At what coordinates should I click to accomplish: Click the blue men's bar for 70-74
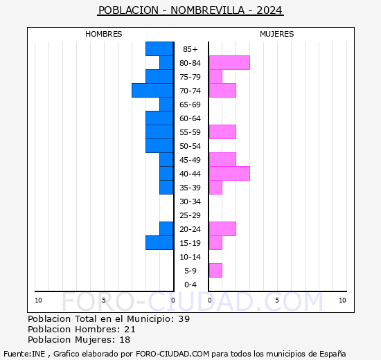(152, 91)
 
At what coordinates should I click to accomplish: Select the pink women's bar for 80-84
(229, 63)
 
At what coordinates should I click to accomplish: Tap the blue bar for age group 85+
(159, 49)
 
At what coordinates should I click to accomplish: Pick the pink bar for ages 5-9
(215, 271)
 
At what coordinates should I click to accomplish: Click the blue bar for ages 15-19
(159, 243)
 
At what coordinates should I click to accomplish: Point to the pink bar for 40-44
(229, 174)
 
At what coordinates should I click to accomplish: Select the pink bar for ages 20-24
(222, 229)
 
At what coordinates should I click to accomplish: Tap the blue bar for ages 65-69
(166, 105)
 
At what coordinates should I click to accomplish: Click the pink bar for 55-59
(222, 132)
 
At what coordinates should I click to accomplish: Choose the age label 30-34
(190, 201)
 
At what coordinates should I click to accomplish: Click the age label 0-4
(190, 285)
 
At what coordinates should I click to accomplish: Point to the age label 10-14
(190, 257)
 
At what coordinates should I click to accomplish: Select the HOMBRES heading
(103, 34)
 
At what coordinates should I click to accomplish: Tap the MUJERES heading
(277, 34)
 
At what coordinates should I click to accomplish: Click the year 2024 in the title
(269, 10)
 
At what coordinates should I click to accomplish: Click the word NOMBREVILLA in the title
(208, 10)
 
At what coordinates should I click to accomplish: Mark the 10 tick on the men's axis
(38, 300)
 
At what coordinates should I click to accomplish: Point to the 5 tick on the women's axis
(277, 300)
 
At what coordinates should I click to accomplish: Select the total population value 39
(184, 318)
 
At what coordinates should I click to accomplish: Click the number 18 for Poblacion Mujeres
(125, 340)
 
